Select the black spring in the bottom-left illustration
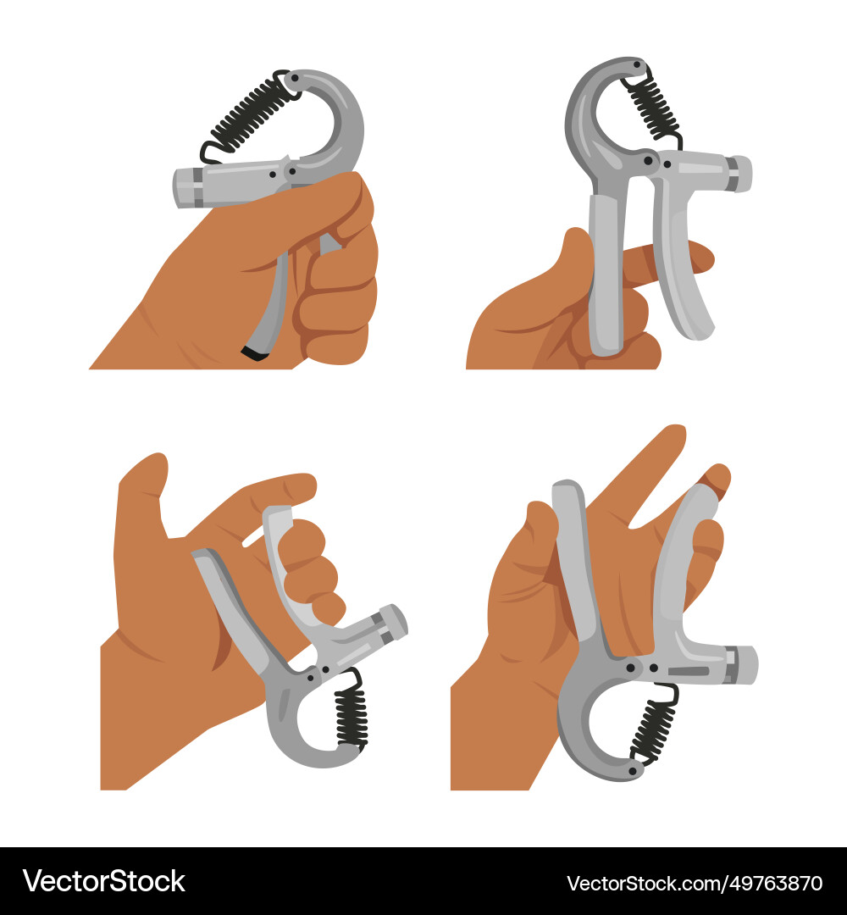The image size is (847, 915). [x=352, y=716]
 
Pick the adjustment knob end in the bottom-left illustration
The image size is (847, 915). [x=394, y=621]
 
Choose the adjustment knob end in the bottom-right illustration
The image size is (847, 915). [x=745, y=664]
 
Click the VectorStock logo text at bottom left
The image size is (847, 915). [x=104, y=881]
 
